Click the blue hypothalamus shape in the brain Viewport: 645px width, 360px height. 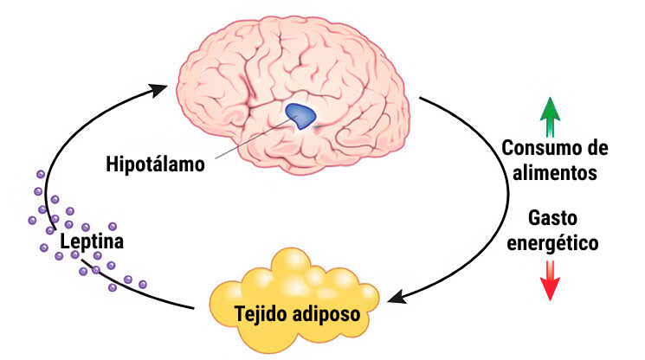[x=301, y=115]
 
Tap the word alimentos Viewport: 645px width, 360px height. [x=554, y=172]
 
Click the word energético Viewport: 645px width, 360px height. [x=553, y=243]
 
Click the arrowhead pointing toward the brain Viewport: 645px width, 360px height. [x=161, y=89]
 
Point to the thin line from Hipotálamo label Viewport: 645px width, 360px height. [x=251, y=143]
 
